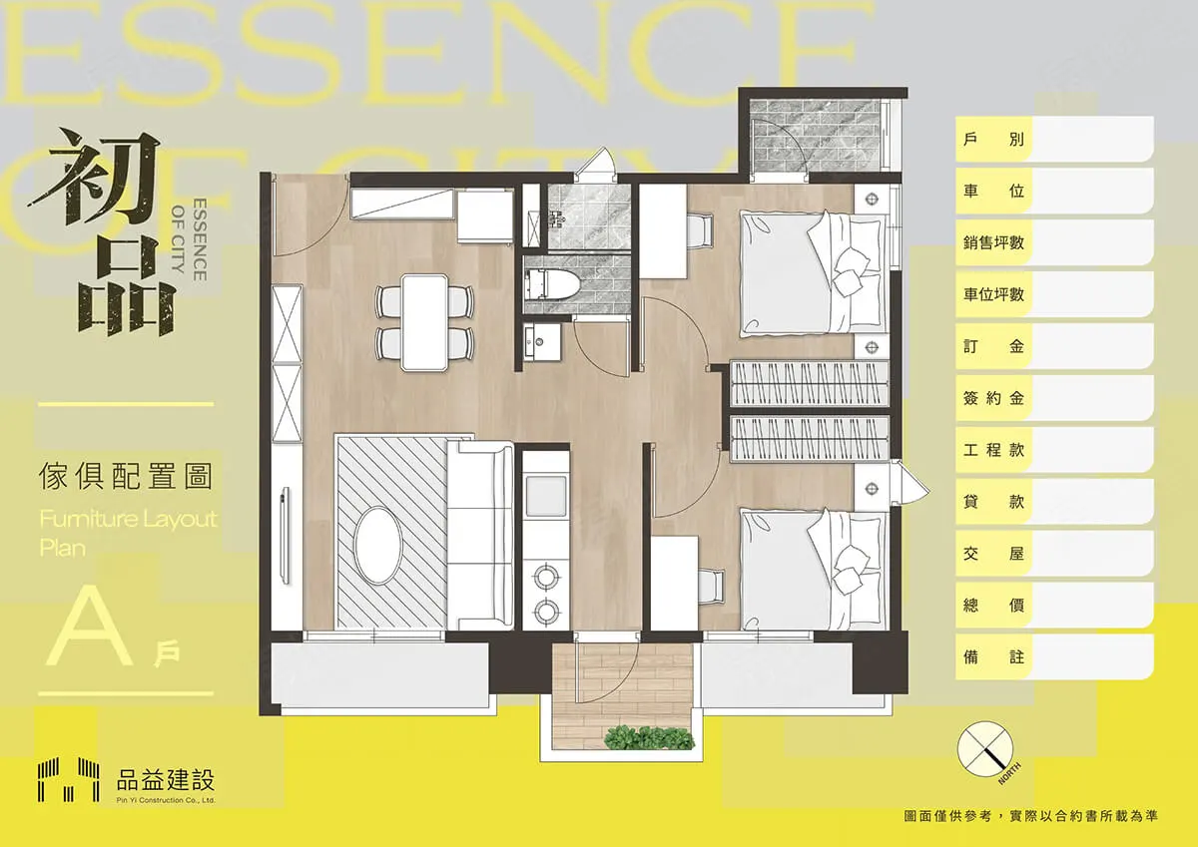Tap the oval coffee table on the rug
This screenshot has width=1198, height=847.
[378, 545]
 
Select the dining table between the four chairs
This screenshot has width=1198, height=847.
[424, 322]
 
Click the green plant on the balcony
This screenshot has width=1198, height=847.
[649, 737]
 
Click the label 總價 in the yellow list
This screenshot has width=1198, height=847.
[993, 605]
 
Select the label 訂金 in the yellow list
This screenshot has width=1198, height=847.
[993, 346]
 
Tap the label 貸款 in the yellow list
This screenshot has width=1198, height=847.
[993, 501]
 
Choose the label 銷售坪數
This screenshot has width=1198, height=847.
[993, 242]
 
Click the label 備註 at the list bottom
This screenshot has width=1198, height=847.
[993, 656]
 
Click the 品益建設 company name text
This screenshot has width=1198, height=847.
[166, 780]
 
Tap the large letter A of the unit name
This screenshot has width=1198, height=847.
[90, 628]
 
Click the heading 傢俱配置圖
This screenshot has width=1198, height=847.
[126, 477]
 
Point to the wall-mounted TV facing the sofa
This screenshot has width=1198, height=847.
[284, 536]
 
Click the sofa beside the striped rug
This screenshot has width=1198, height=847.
[480, 536]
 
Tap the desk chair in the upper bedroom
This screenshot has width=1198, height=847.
[698, 230]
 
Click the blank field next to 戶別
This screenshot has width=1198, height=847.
[1091, 139]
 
